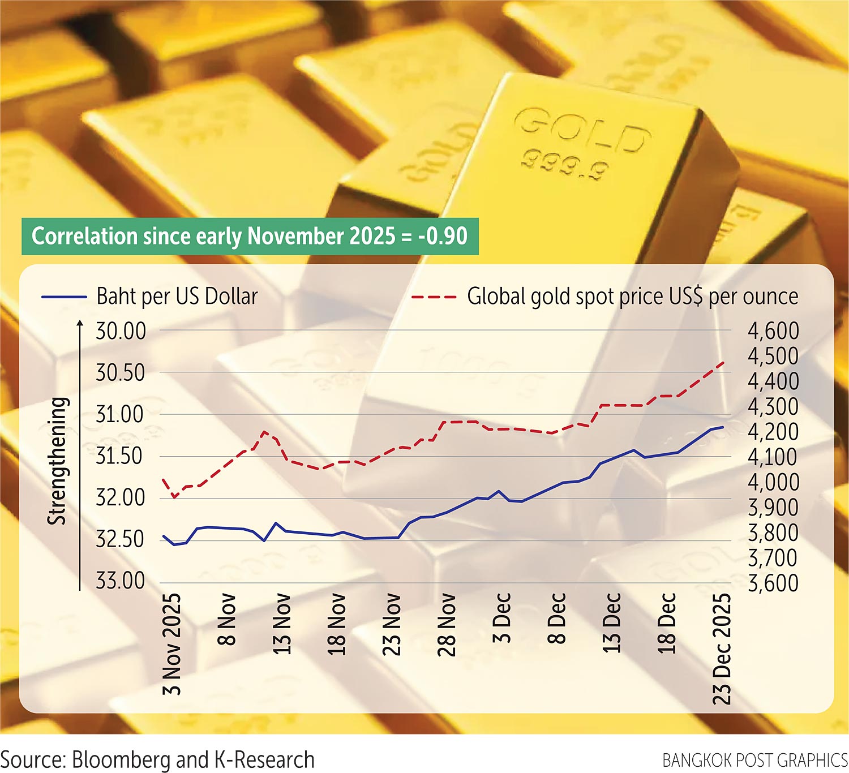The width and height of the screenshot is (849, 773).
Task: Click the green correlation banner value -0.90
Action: [443, 236]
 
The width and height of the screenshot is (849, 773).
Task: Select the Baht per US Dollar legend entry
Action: [177, 297]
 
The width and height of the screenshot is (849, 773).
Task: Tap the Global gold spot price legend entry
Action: [632, 297]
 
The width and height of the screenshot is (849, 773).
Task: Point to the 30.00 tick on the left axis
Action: [121, 331]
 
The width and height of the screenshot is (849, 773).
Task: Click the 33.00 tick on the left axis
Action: [121, 581]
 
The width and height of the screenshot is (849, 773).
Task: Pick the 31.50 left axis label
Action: [121, 456]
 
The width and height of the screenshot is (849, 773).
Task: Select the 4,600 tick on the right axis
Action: [773, 331]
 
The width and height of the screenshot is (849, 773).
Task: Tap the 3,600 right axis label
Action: [773, 583]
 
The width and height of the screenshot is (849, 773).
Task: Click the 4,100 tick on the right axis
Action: [773, 457]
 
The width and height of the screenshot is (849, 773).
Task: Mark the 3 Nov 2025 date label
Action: [172, 644]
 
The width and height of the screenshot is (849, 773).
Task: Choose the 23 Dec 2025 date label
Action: [722, 649]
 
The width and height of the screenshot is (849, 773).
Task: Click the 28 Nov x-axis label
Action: [447, 624]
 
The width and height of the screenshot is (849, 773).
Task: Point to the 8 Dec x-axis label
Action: [557, 618]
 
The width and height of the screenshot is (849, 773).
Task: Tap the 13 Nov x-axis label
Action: [282, 624]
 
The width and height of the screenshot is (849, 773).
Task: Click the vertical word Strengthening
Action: [57, 461]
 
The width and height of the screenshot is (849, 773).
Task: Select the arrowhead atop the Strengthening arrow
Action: [80, 324]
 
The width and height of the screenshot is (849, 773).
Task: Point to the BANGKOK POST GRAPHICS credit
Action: [754, 760]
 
